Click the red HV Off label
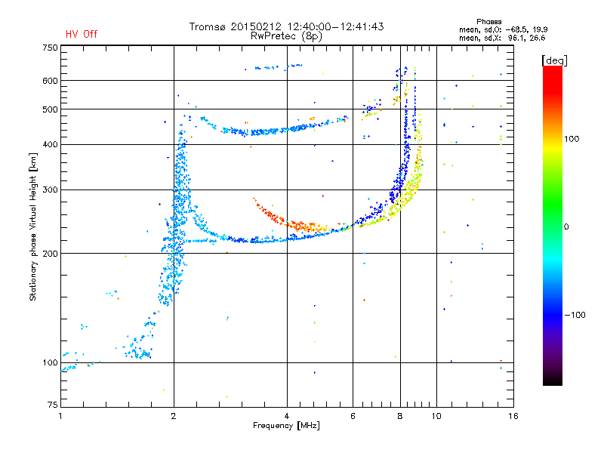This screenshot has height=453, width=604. click(x=82, y=34)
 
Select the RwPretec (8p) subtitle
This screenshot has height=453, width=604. click(x=286, y=36)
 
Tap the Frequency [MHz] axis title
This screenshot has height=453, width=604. click(x=286, y=426)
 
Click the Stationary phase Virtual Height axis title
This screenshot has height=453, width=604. click(x=32, y=227)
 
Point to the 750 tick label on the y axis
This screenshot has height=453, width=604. click(x=50, y=48)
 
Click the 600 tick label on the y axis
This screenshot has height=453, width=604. click(x=50, y=81)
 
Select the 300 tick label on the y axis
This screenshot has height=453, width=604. click(x=50, y=190)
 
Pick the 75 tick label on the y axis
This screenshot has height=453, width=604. click(x=53, y=405)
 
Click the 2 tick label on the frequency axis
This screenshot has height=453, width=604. click(x=174, y=416)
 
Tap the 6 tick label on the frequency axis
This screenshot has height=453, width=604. click(x=353, y=416)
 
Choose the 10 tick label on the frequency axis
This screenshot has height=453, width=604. click(x=436, y=416)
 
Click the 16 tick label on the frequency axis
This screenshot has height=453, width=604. click(x=513, y=416)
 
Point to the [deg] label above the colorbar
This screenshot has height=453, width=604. click(x=554, y=60)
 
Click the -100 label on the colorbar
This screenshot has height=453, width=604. click(x=575, y=315)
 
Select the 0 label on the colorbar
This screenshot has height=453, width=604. click(x=566, y=226)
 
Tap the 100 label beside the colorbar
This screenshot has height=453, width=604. click(x=572, y=139)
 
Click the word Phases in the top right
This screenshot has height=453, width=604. click(x=488, y=22)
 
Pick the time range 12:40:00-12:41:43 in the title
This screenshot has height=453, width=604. click(x=335, y=26)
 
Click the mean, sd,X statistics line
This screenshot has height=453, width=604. click(x=502, y=39)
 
